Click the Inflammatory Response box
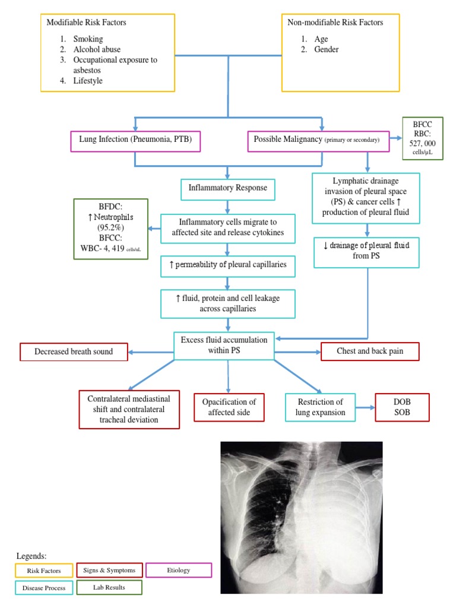(228, 189)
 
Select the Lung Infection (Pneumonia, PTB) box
(135, 141)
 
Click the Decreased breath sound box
(74, 351)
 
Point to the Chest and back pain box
(370, 351)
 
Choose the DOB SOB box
(402, 407)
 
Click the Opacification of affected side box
(229, 407)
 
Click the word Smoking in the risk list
(88, 39)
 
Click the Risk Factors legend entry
(43, 571)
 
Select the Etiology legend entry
(178, 571)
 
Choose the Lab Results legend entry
(109, 588)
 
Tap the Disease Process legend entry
(43, 588)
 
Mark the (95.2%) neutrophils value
(110, 226)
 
